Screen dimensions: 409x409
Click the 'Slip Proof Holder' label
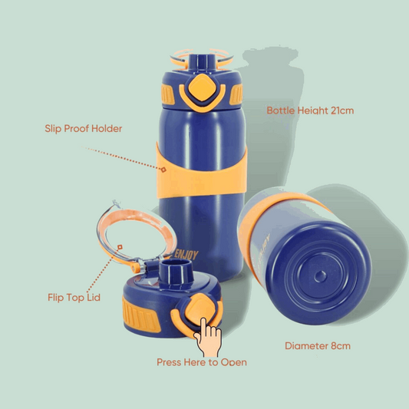tap(84, 129)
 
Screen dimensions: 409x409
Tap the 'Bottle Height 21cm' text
tap(310, 110)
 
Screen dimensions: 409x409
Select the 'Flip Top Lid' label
tap(74, 298)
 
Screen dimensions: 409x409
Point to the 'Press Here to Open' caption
tap(202, 362)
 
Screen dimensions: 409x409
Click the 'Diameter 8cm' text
tap(318, 346)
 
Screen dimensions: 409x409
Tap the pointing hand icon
tap(208, 337)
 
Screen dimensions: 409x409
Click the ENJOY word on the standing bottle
tap(186, 255)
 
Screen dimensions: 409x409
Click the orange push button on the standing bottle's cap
tap(202, 88)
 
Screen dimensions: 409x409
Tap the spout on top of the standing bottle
tap(200, 63)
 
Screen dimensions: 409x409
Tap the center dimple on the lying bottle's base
tap(320, 275)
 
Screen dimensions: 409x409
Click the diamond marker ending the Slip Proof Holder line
tap(163, 170)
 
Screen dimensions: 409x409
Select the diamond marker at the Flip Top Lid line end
tap(120, 247)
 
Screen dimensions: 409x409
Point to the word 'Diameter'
tap(306, 346)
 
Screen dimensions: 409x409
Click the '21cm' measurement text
tap(342, 110)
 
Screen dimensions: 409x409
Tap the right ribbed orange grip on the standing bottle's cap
tap(236, 94)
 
